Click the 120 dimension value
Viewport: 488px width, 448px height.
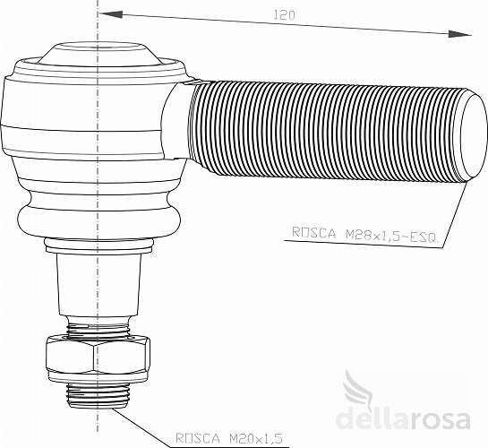pyautogui.click(x=284, y=15)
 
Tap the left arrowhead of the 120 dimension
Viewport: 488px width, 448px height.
pyautogui.click(x=110, y=14)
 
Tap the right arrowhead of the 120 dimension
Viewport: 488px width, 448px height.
pyautogui.click(x=459, y=34)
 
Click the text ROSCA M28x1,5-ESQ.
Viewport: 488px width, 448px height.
pyautogui.click(x=364, y=234)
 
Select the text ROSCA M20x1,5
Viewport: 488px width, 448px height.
pyautogui.click(x=229, y=438)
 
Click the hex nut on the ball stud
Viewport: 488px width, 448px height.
pyautogui.click(x=98, y=354)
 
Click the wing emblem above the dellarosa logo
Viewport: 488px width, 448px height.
pyautogui.click(x=358, y=387)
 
